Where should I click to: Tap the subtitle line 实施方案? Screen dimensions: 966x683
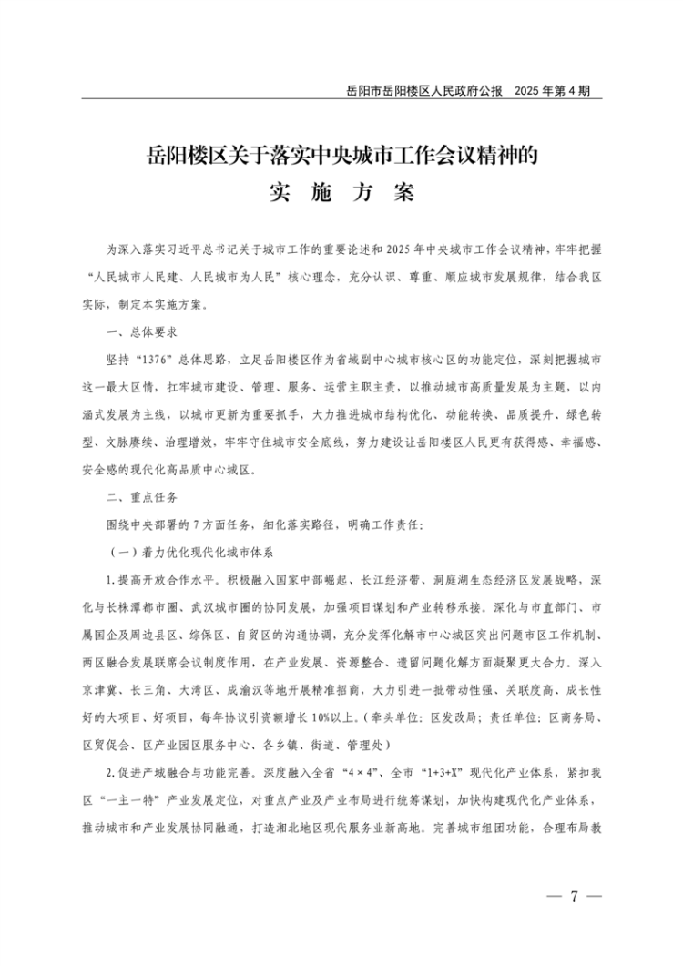pos(341,193)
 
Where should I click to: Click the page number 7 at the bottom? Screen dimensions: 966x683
pos(574,897)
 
